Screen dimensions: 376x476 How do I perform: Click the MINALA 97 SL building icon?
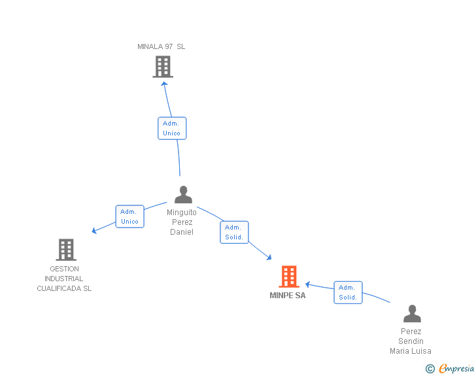pos(163,66)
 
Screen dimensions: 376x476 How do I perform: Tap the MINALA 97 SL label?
pos(161,46)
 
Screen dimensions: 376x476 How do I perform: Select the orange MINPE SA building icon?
pos(289,277)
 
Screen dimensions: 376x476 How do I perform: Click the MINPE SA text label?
pos(288,296)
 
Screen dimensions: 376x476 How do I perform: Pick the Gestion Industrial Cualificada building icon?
pos(65,249)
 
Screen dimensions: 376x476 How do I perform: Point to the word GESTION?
pos(64,269)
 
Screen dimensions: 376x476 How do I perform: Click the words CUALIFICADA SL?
pos(64,288)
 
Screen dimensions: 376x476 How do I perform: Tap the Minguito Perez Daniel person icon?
pos(183,195)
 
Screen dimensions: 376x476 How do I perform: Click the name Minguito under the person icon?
pos(182,213)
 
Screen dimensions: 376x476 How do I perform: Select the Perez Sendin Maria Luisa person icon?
pos(412,314)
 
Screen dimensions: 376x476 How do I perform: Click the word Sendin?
pos(411,341)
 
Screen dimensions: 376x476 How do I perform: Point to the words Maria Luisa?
pos(411,351)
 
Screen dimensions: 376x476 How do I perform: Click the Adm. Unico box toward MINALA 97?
pos(172,128)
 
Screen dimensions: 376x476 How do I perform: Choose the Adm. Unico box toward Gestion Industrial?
pos(129,216)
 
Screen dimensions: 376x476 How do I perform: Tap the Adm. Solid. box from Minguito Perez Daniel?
pos(234,232)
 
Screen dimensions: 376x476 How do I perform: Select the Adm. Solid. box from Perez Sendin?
pos(348,292)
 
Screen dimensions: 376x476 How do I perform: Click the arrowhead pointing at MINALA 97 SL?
pos(164,83)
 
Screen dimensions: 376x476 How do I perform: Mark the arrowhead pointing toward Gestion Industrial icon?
pos(95,230)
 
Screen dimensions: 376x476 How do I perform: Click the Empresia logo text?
pos(456,369)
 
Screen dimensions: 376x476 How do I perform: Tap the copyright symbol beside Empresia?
pos(430,369)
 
